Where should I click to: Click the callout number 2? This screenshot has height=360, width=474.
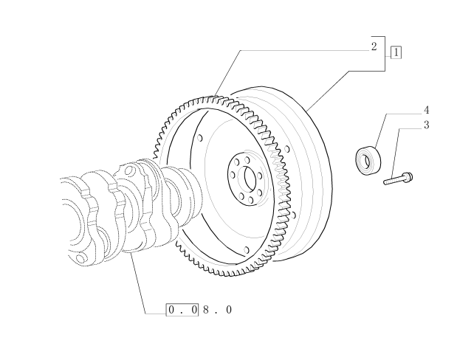click(374, 46)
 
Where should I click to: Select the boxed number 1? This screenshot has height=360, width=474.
click(396, 52)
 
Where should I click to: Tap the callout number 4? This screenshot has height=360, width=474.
click(426, 110)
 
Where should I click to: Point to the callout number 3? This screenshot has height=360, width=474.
click(426, 125)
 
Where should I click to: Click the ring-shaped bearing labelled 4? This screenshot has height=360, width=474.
click(368, 160)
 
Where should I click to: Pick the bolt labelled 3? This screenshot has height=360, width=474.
click(398, 179)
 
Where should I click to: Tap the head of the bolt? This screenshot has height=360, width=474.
click(408, 176)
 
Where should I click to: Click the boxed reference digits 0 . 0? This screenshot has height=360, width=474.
click(182, 310)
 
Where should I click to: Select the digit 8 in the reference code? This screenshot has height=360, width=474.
click(206, 310)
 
